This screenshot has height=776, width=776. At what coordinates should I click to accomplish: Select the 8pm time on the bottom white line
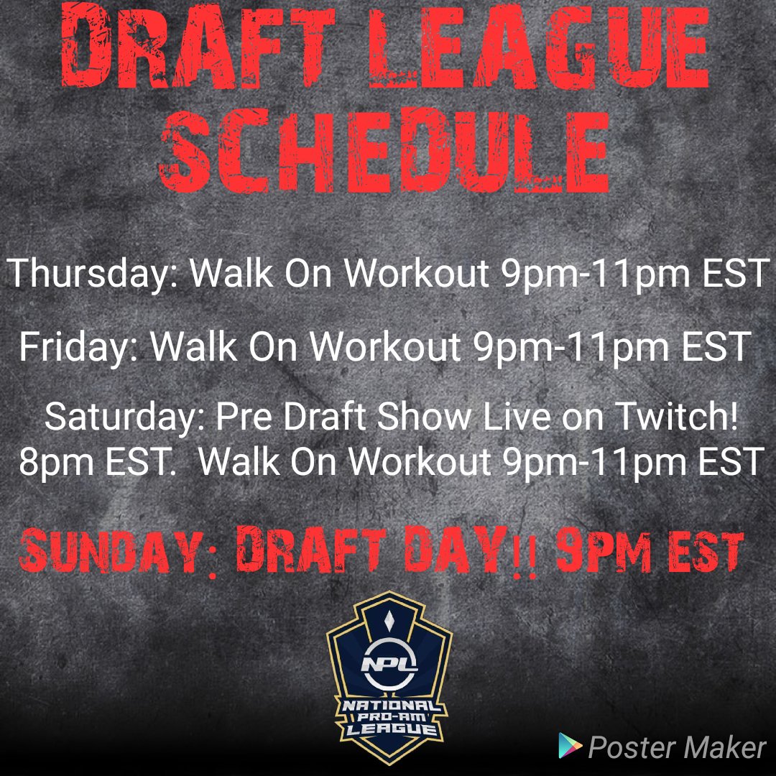point(52,462)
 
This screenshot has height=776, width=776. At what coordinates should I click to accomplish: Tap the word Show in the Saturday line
point(383,418)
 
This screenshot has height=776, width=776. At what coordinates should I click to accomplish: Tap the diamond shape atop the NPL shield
point(389,616)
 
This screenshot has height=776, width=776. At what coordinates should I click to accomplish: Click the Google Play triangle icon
point(570,747)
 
